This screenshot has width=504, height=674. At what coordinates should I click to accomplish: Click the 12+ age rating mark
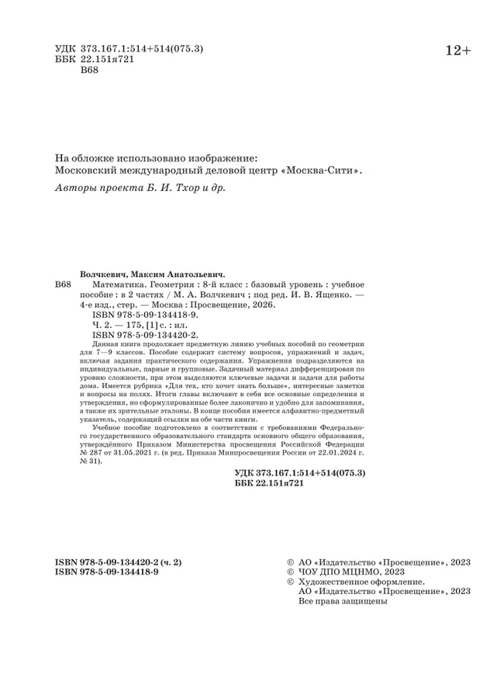(457, 50)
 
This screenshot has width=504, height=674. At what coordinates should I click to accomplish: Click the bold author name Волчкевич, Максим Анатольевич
(152, 273)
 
